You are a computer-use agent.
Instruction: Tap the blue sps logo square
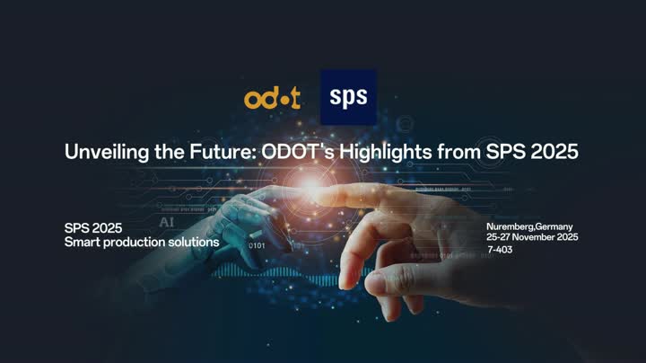point(348,96)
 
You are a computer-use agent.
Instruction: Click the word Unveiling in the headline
point(101,152)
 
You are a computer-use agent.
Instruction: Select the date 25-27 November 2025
point(531,236)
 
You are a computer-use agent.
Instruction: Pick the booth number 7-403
point(501,249)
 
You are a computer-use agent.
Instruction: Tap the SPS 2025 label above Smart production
point(93,228)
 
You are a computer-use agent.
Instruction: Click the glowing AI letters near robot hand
point(167,221)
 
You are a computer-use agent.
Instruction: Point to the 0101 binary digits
point(257,244)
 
